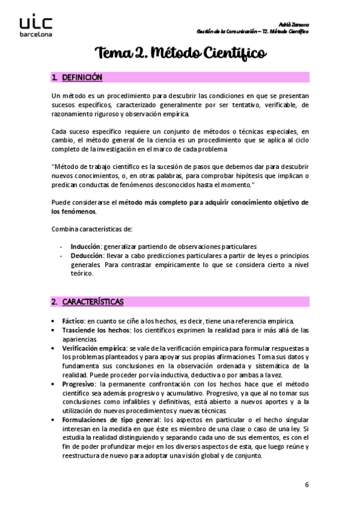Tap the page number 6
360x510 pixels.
click(307, 484)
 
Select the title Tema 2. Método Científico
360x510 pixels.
click(180, 54)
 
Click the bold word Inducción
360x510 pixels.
click(85, 246)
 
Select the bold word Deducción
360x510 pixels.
click(87, 256)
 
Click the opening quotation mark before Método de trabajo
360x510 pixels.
click(53, 167)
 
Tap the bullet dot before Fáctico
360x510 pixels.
click(55, 321)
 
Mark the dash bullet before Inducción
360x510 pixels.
click(62, 246)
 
